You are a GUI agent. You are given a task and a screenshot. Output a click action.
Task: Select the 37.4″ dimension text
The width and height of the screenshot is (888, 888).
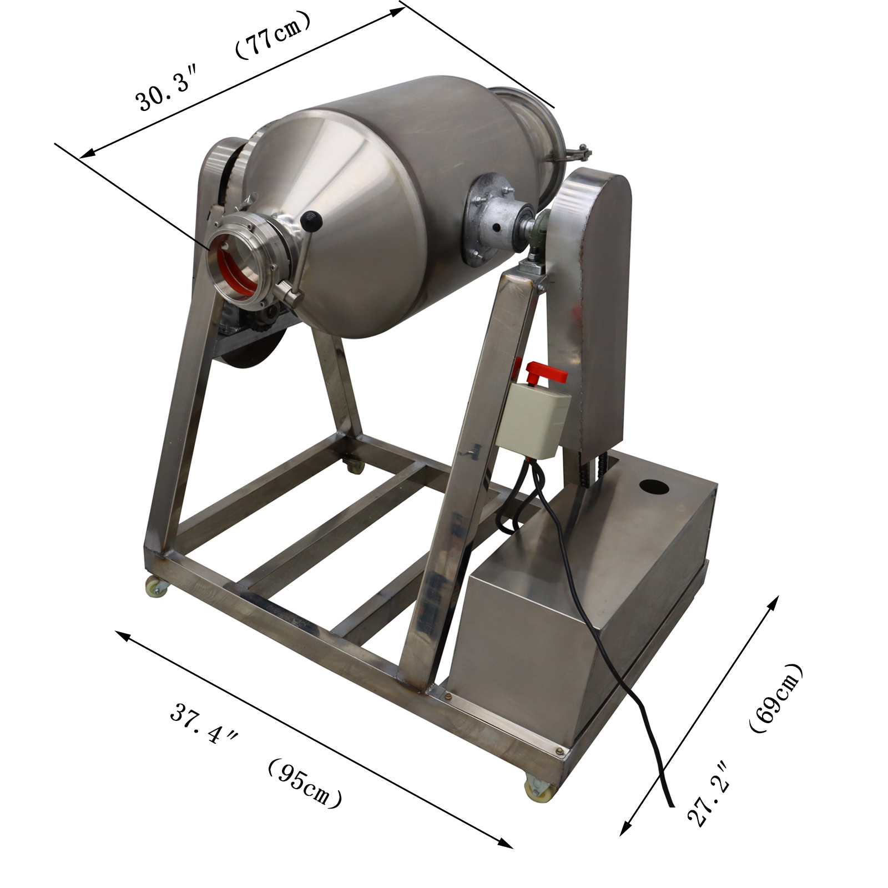point(203,724)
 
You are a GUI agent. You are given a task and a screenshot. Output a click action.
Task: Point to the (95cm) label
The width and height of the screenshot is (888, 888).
point(304,783)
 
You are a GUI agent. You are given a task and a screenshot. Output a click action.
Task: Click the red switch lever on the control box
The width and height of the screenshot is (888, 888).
point(546,372)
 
